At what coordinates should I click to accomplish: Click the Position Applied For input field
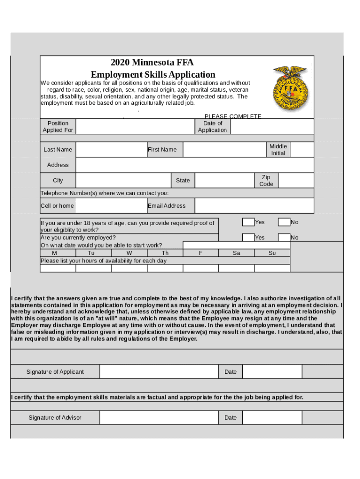point(135,127)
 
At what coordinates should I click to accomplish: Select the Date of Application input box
point(272,127)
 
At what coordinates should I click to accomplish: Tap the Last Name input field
point(111,150)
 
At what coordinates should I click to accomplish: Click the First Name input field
point(224,150)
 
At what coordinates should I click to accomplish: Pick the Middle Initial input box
point(302,150)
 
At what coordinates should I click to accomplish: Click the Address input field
point(194,165)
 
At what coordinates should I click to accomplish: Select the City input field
point(123,181)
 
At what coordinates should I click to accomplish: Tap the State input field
point(224,181)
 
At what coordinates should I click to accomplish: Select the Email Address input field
point(254,206)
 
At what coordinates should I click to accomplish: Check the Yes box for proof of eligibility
point(248,222)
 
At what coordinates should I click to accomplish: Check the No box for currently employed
point(284,238)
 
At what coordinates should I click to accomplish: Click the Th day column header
point(165,253)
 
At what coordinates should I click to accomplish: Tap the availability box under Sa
point(236,269)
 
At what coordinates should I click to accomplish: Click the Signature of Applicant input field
point(159,372)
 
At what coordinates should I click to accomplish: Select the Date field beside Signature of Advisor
point(272,418)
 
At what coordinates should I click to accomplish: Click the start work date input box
point(236,245)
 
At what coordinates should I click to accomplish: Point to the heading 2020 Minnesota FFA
point(152,63)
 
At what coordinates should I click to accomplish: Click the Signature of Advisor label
point(55,418)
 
